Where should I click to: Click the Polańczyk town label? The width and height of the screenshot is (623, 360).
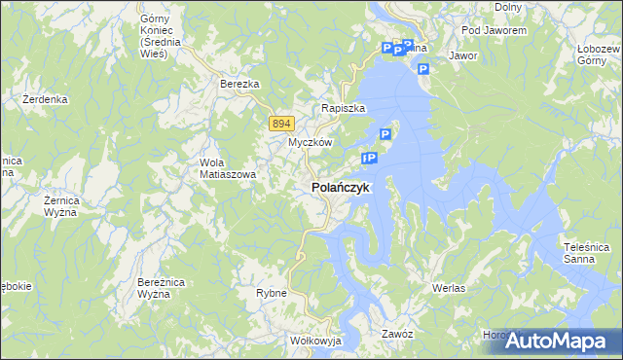coord(340,187)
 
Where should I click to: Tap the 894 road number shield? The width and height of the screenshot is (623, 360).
coord(281,123)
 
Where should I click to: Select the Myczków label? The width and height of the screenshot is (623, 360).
coord(311,142)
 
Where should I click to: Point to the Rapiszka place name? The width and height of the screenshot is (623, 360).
coord(343,108)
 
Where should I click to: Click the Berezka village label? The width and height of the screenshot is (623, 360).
coord(239,85)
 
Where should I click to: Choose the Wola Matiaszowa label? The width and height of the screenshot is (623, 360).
coord(228,168)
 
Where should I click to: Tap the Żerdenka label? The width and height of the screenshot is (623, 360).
coord(45,99)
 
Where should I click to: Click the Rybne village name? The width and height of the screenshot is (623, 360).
coord(271,293)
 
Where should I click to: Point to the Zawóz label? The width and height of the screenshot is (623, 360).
coord(398,334)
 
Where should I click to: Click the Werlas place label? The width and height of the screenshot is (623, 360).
coord(449,289)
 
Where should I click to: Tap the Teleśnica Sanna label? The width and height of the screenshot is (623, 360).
coord(585,253)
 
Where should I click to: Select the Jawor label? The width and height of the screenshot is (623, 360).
coord(463,56)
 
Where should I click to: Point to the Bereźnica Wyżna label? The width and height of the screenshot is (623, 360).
coord(160,287)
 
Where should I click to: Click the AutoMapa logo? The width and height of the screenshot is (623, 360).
coord(557,341)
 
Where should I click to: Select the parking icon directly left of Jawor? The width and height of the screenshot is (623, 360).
coord(423,68)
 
